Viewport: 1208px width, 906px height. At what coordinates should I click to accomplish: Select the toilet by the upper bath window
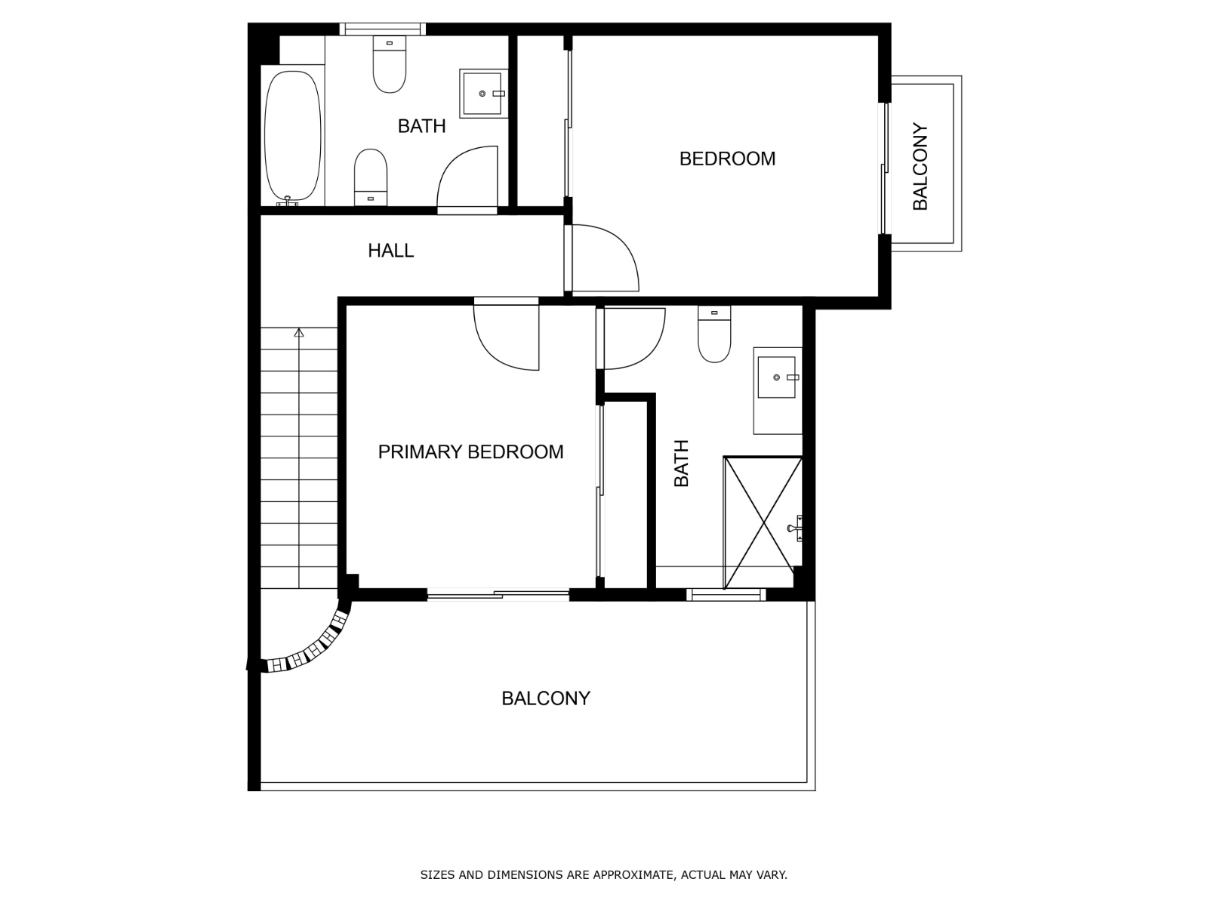390,66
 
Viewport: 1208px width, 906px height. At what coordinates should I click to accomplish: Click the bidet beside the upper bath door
371,175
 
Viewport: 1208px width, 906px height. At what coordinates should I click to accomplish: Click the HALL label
390,251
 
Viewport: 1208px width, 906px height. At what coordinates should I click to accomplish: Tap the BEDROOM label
727,159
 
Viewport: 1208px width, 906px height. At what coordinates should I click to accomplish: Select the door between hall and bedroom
602,259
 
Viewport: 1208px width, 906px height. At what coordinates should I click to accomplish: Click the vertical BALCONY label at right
920,167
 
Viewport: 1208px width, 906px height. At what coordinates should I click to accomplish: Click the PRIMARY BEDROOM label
470,451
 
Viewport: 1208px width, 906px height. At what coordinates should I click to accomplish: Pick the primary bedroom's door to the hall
506,336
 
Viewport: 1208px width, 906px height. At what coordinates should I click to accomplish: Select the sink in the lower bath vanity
776,377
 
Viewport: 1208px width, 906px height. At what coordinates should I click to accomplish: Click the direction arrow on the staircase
299,332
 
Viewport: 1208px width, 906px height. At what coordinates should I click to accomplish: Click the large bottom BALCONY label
545,698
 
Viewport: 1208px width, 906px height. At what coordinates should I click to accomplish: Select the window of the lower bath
726,596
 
